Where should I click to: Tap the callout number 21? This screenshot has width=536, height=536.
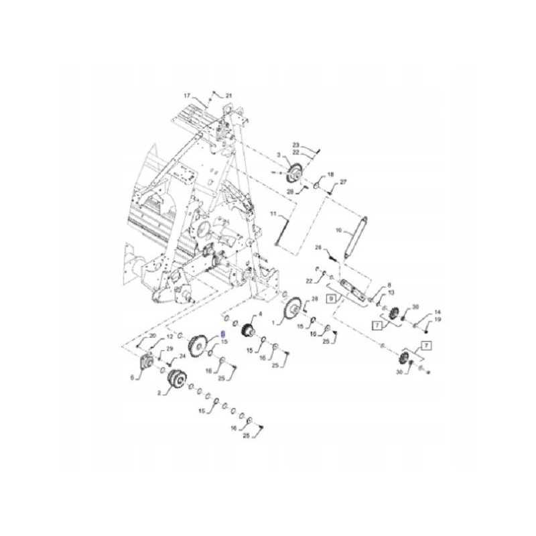click(228, 95)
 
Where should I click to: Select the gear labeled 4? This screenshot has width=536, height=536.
click(250, 330)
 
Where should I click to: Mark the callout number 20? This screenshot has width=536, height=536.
click(152, 335)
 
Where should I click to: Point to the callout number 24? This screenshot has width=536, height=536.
click(182, 355)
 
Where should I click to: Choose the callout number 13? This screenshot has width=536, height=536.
click(391, 293)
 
